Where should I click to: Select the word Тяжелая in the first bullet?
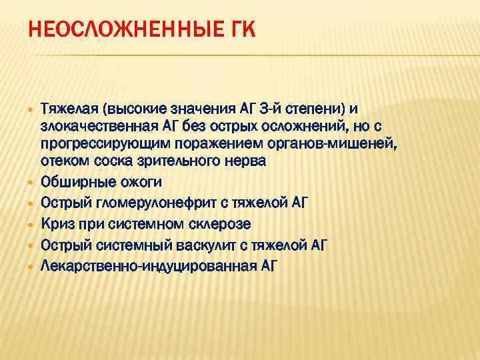click(x=67, y=109)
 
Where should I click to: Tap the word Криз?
click(x=57, y=223)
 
